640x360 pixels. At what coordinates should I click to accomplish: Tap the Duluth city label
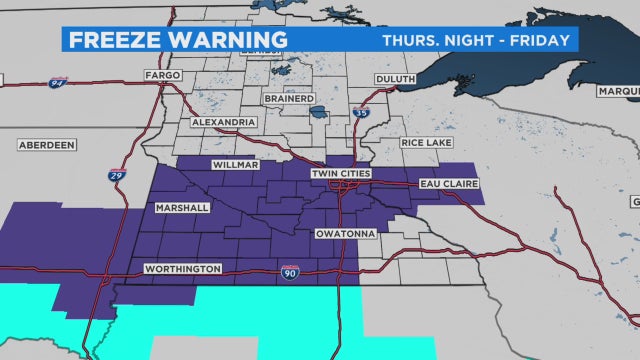pyautogui.click(x=394, y=78)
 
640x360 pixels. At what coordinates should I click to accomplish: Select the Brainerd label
pyautogui.click(x=290, y=98)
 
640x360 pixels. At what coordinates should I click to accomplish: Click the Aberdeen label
pyautogui.click(x=47, y=145)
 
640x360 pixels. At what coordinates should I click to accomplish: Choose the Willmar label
pyautogui.click(x=235, y=163)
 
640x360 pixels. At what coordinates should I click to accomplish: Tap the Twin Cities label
pyautogui.click(x=339, y=174)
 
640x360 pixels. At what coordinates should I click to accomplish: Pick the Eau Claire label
pyautogui.click(x=452, y=184)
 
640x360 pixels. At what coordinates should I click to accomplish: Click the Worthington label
pyautogui.click(x=183, y=269)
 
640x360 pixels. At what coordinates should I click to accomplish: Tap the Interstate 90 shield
pyautogui.click(x=289, y=271)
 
